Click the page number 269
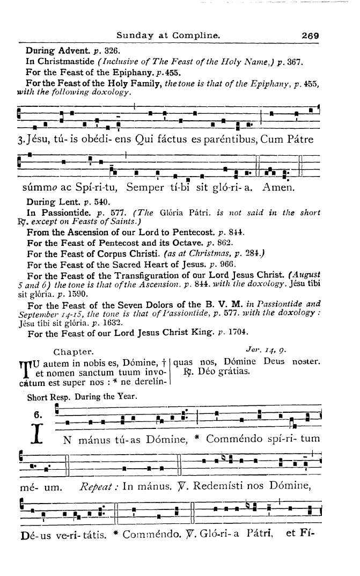tap(310, 36)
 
